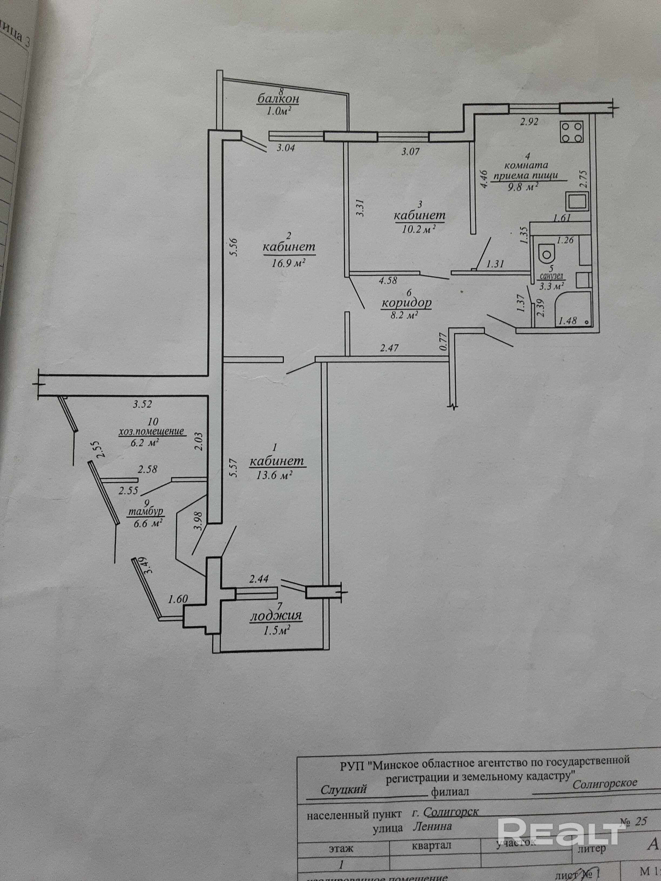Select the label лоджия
point(276,628)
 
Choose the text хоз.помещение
point(152,432)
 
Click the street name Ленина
point(432,801)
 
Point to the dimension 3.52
point(142,405)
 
